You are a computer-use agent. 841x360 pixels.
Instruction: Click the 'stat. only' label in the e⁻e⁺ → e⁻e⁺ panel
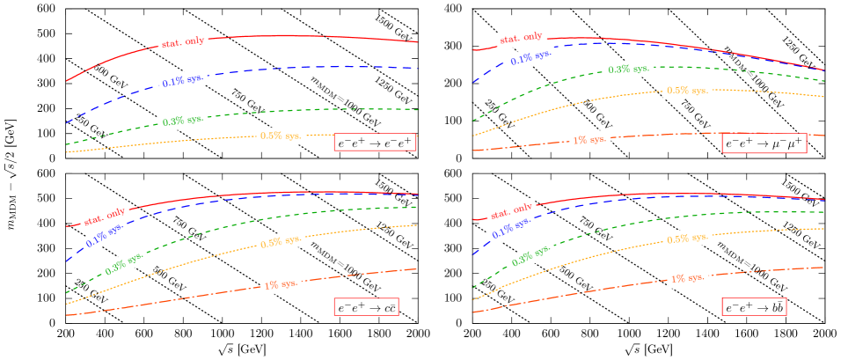click(182, 42)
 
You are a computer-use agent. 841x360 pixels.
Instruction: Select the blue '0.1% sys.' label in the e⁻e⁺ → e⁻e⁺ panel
click(184, 81)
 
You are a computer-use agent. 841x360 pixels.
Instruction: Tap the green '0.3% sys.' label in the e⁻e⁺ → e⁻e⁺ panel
click(183, 120)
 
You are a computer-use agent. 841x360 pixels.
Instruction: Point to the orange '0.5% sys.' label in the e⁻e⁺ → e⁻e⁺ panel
click(282, 136)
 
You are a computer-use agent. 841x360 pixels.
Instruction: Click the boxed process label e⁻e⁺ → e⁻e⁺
click(375, 142)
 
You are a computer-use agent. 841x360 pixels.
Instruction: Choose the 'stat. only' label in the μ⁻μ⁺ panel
click(521, 39)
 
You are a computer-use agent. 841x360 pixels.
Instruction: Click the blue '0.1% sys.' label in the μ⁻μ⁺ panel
click(533, 59)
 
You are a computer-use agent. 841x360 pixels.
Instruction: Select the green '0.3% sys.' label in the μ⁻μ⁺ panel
click(630, 69)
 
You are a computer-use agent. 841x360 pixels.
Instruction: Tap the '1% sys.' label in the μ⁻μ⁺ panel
click(589, 140)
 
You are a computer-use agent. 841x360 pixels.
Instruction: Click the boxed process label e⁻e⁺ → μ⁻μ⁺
click(764, 143)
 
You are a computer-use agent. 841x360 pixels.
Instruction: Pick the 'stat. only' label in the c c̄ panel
click(104, 216)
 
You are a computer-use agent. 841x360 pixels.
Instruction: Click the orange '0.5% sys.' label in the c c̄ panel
click(281, 243)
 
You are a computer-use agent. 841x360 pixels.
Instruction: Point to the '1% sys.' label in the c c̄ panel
click(282, 284)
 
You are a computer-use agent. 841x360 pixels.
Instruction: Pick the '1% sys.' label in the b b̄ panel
click(689, 279)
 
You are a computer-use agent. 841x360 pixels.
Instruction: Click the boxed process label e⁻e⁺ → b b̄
click(754, 307)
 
